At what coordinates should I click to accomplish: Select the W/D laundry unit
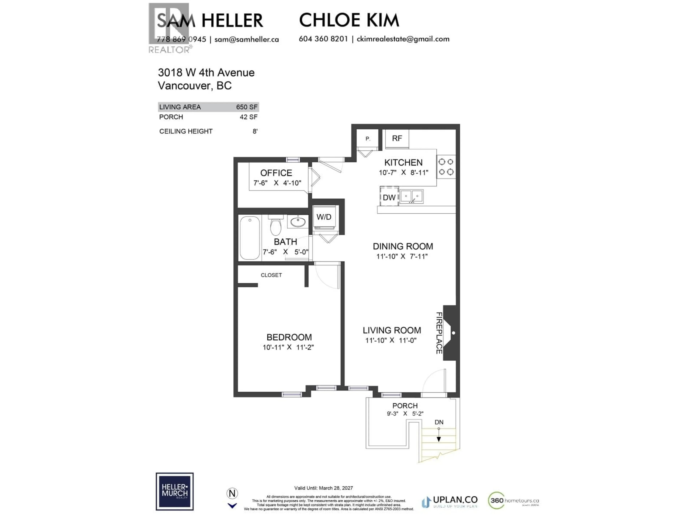click(x=324, y=217)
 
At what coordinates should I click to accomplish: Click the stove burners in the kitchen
click(x=446, y=167)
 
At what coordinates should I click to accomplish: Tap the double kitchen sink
click(x=411, y=196)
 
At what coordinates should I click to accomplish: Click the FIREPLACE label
click(x=439, y=333)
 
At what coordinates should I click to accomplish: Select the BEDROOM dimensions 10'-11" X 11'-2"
click(x=288, y=347)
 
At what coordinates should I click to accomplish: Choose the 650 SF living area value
click(x=247, y=107)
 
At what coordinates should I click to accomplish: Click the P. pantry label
click(x=368, y=138)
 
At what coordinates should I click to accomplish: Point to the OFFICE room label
click(x=276, y=173)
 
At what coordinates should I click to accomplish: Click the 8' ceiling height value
click(x=255, y=131)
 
